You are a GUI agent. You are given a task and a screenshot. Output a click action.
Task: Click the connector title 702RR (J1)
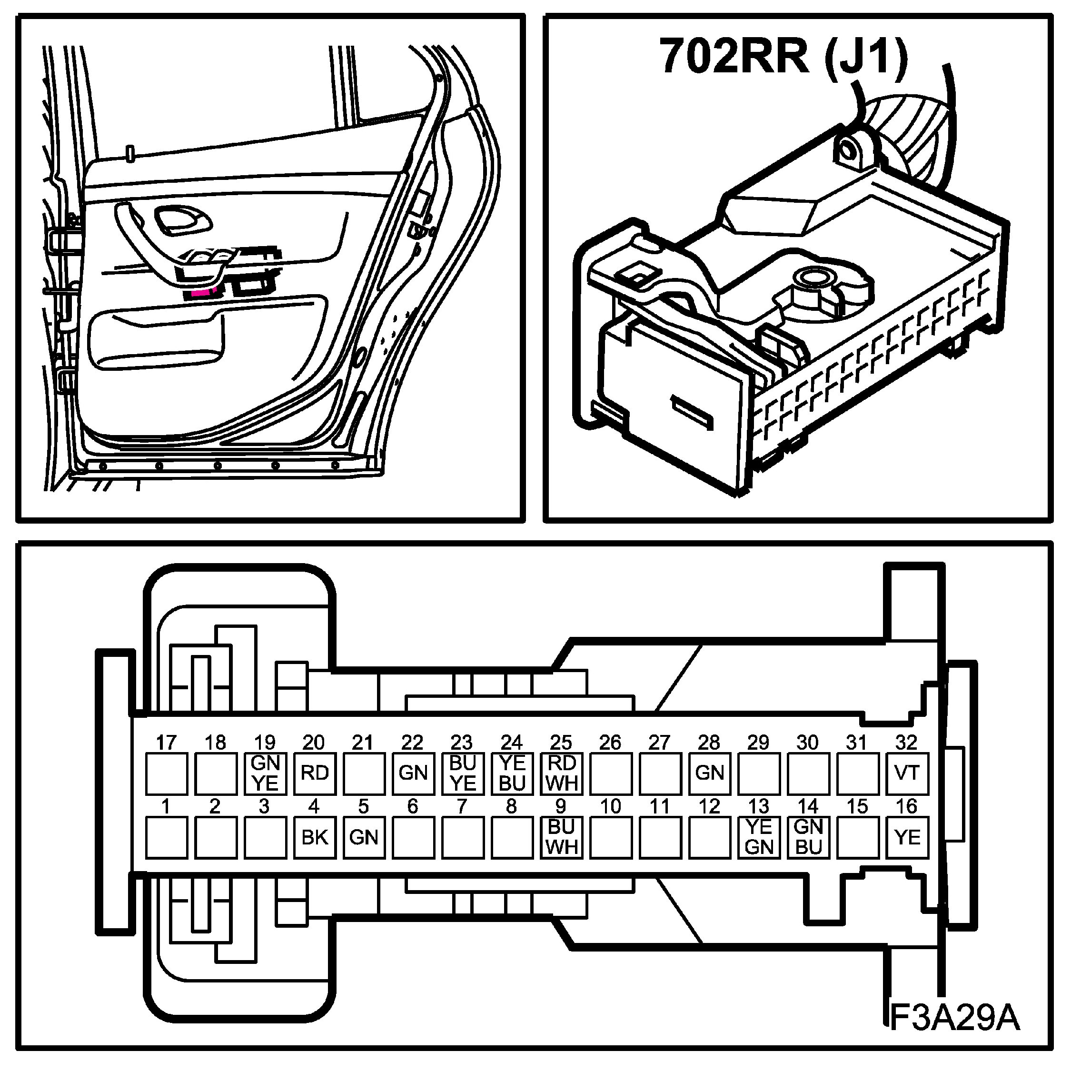pos(783,57)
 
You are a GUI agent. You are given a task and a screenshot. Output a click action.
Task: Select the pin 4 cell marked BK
pos(314,837)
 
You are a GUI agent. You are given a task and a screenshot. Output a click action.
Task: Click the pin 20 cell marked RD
pos(314,773)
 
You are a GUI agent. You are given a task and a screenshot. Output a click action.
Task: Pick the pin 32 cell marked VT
pos(907,773)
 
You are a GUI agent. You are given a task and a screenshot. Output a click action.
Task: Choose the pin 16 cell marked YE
pos(907,837)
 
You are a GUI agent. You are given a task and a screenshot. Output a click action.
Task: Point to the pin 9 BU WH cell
pos(561,837)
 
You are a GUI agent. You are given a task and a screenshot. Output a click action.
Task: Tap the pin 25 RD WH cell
pos(561,773)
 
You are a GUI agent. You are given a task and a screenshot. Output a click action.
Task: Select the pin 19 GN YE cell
pos(265,773)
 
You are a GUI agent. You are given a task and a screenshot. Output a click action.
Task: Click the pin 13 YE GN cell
pos(759,837)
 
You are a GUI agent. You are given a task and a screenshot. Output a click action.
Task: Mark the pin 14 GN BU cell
pos(808,837)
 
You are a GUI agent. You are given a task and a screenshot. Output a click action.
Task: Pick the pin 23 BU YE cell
pos(462,773)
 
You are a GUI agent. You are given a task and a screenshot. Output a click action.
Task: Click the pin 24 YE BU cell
pos(512,773)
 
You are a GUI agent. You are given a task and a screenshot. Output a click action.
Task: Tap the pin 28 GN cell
pos(710,773)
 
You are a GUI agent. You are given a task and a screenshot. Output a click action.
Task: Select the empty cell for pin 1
pos(166,837)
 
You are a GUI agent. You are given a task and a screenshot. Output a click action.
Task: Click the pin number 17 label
pos(166,742)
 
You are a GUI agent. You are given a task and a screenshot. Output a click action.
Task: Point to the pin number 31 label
pos(857,742)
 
